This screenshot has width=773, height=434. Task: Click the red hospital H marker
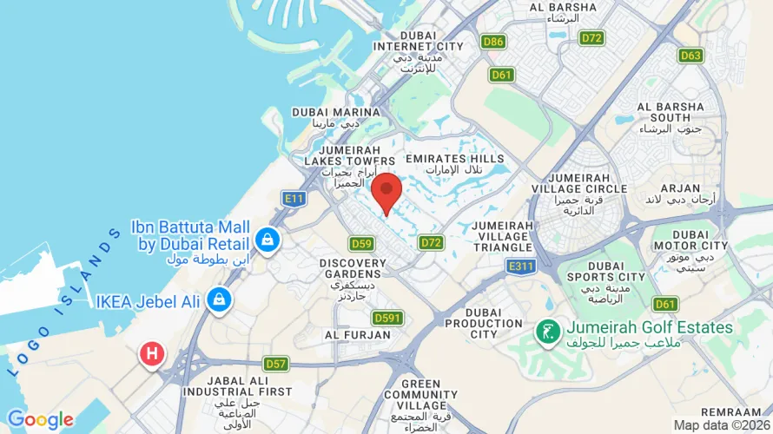(153, 353)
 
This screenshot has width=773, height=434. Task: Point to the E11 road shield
(295, 199)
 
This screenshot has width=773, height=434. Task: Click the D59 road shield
(361, 244)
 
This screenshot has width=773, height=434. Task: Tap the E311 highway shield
(522, 266)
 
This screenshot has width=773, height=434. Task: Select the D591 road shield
(387, 318)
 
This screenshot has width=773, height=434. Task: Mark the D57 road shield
(276, 363)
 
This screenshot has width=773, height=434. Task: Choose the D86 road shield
(493, 41)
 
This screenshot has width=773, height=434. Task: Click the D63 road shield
(691, 56)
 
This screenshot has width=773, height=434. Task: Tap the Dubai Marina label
(336, 112)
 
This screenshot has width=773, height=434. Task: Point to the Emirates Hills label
(455, 159)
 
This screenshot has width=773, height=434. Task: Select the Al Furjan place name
(353, 334)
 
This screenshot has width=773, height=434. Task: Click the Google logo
(41, 421)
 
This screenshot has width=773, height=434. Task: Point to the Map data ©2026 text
(722, 425)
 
